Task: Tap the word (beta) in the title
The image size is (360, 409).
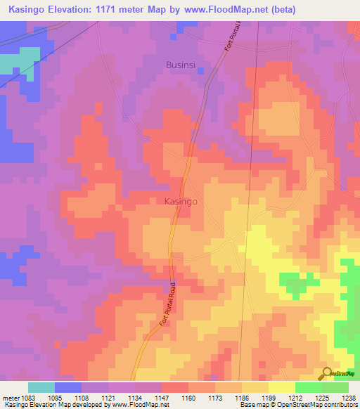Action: (281, 10)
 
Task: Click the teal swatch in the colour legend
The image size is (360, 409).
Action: (41, 387)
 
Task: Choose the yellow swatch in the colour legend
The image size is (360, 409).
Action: (281, 387)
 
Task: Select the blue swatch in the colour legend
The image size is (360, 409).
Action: (68, 387)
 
